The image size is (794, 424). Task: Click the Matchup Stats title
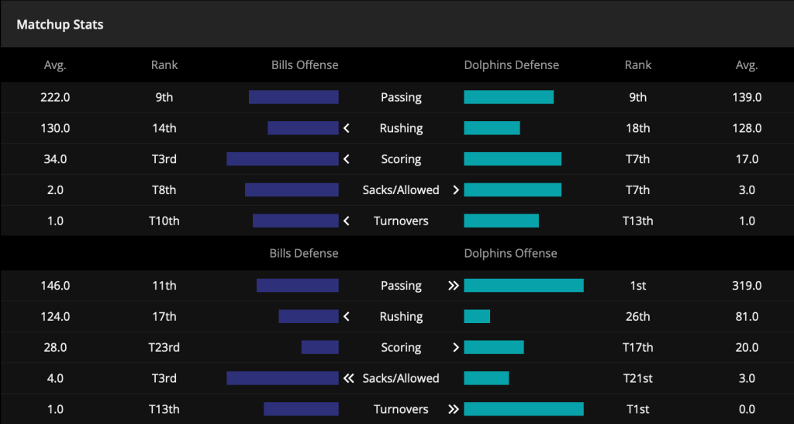[x=60, y=25]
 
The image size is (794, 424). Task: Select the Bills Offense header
[x=305, y=65]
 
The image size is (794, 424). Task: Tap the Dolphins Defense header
[x=512, y=65]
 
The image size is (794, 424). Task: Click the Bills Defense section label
[x=304, y=253]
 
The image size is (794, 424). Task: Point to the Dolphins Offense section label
[x=510, y=253]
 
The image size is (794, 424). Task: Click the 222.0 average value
[x=55, y=97]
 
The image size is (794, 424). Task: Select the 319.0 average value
[x=747, y=286]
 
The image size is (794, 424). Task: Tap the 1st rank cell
[x=638, y=286]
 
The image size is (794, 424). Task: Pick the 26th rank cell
[x=638, y=317]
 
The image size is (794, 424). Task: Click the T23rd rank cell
[x=164, y=347]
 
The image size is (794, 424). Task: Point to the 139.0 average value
[x=747, y=97]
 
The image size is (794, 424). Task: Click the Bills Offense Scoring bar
[x=282, y=158]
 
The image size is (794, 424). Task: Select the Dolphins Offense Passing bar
[x=524, y=286]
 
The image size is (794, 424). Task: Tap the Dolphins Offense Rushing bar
[x=477, y=317]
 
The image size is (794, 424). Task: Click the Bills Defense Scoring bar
[x=320, y=347]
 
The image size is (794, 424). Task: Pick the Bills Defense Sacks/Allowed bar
[x=282, y=378]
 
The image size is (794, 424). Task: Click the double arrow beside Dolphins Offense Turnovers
[x=454, y=409]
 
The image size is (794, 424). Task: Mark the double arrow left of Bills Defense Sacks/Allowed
[x=348, y=378]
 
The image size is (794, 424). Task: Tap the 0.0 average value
[x=747, y=409]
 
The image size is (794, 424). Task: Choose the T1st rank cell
[x=638, y=409]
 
